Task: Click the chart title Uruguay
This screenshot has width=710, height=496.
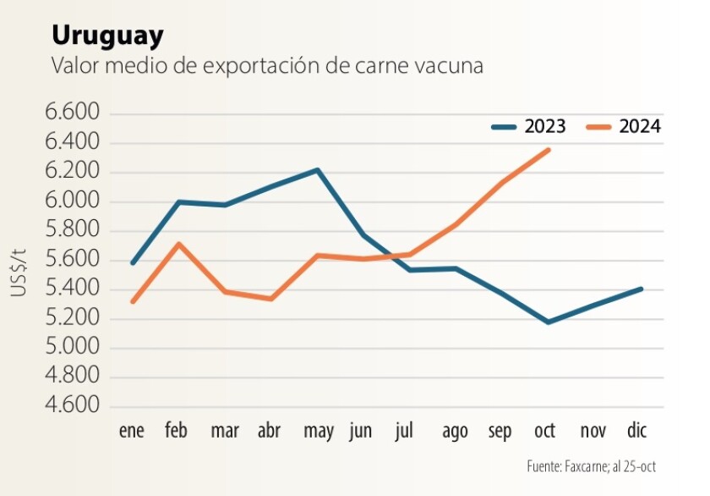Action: [x=107, y=36]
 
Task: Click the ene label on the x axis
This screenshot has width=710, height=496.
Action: [x=131, y=432]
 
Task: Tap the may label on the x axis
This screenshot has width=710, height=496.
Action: [x=318, y=433]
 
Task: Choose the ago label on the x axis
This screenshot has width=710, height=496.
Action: [x=455, y=433]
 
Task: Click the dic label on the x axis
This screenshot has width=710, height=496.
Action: [x=636, y=432]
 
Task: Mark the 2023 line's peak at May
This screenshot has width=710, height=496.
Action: [x=318, y=170]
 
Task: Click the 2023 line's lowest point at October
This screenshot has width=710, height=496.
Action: [x=549, y=322]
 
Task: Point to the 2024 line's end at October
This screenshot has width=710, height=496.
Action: [x=549, y=150]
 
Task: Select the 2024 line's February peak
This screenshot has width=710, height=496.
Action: [x=177, y=244]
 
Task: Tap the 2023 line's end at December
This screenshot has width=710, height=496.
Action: [x=641, y=289]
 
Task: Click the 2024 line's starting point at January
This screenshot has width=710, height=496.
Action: [x=133, y=302]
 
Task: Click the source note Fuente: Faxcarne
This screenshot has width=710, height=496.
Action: [x=591, y=466]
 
